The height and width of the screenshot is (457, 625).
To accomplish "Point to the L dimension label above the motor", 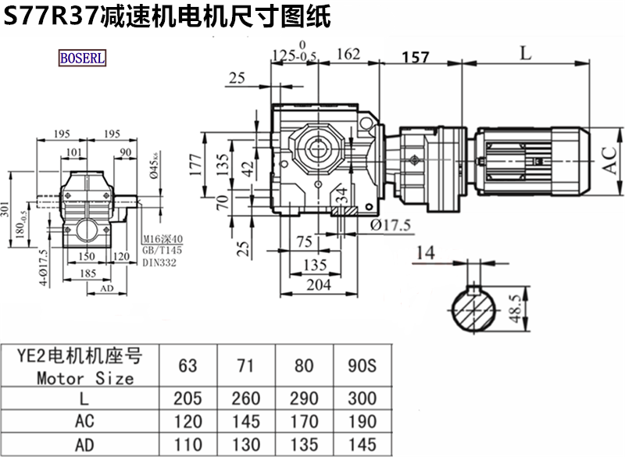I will click(526, 53).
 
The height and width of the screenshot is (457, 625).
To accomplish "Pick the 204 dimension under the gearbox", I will click(316, 285).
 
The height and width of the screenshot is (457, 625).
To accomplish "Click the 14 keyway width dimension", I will click(425, 252).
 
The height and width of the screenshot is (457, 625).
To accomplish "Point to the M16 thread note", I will click(162, 239).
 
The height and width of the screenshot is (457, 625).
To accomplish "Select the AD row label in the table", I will click(85, 445).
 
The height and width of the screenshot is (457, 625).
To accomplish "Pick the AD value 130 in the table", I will click(246, 445).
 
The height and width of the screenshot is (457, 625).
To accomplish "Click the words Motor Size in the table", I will click(85, 378).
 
